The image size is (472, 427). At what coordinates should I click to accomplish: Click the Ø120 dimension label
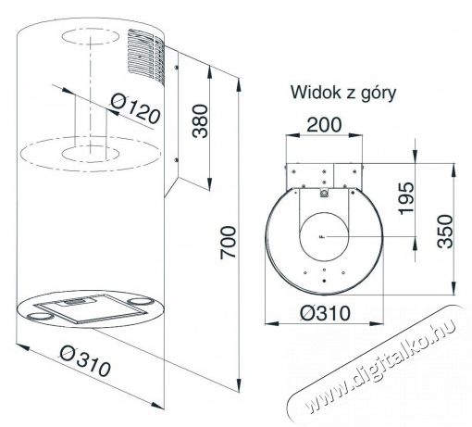click(x=135, y=108)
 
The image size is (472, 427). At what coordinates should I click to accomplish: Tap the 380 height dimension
click(x=200, y=121)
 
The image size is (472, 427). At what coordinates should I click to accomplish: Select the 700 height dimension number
click(x=229, y=243)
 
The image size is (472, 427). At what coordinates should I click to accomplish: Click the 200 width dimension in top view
click(x=324, y=125)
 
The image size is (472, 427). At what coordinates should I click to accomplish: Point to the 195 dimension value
click(x=405, y=198)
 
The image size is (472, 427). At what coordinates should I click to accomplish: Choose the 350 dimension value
click(x=445, y=232)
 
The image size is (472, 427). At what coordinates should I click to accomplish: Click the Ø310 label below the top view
click(x=325, y=313)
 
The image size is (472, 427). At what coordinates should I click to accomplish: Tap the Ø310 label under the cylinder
click(x=85, y=360)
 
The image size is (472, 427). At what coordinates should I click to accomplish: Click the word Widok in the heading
click(x=317, y=92)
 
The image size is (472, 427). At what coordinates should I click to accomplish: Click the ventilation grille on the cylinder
click(x=145, y=56)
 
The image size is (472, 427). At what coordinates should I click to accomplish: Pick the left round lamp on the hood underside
click(x=39, y=317)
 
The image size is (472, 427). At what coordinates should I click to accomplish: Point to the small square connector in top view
click(x=324, y=193)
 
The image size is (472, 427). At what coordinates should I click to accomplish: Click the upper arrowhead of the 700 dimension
click(x=239, y=84)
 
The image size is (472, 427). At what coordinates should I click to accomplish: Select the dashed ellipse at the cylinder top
click(x=90, y=37)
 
